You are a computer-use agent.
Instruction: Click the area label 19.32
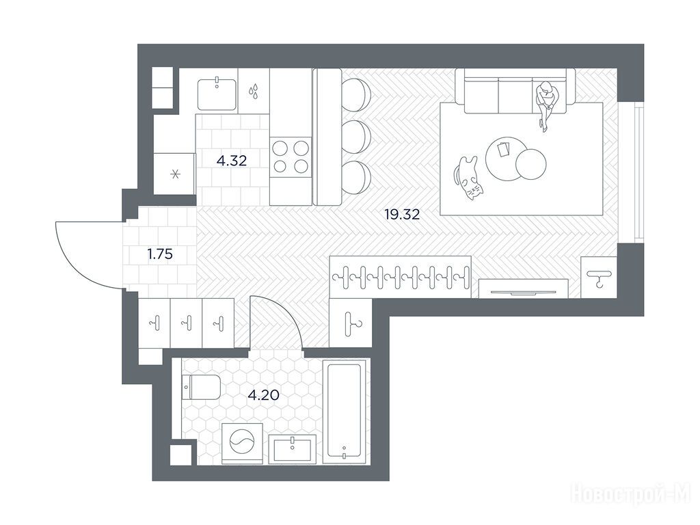point(402,215)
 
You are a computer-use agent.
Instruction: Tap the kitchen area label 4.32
point(232,161)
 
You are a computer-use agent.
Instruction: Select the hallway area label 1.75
point(160,254)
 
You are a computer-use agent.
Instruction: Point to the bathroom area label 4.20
point(264,395)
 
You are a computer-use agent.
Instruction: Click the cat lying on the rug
point(468,178)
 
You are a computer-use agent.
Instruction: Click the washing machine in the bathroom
point(241,443)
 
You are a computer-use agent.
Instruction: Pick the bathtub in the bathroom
point(345,411)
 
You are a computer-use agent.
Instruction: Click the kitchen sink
point(217,94)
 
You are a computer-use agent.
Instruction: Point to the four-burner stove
point(291,157)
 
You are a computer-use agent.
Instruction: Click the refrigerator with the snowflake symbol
point(174,174)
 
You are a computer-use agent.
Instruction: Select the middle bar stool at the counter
point(356,137)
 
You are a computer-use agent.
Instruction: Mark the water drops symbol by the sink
point(254,91)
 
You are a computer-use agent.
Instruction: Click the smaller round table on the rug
point(530,164)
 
